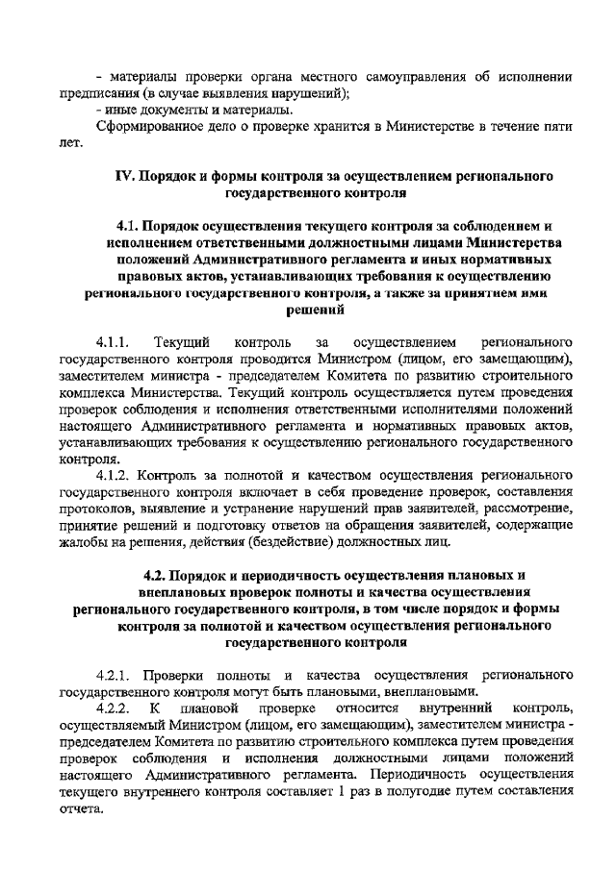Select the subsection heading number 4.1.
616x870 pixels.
pyautogui.click(x=128, y=226)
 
